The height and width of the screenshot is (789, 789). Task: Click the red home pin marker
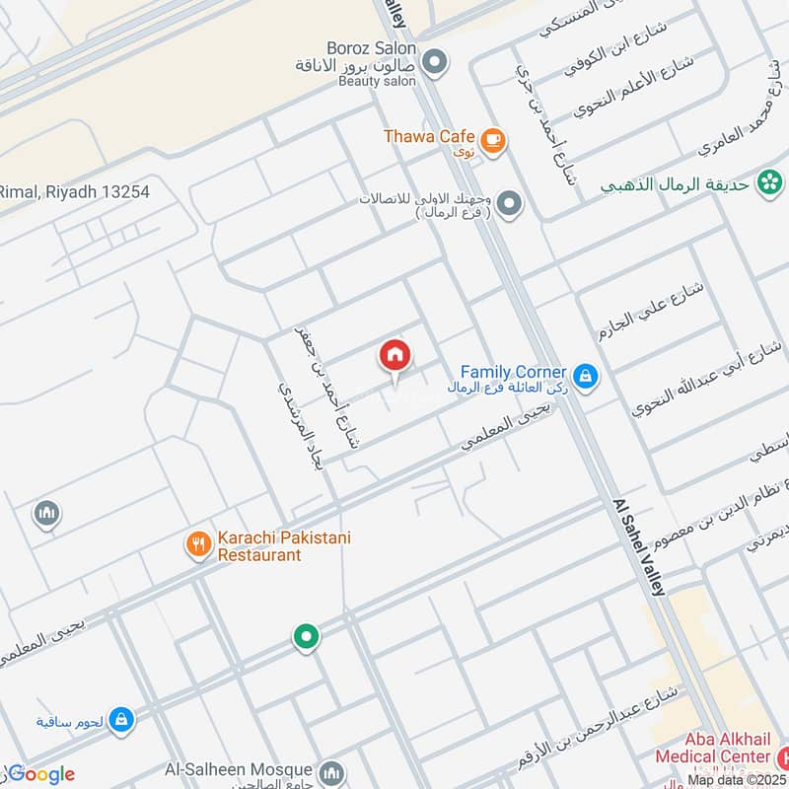(x=394, y=356)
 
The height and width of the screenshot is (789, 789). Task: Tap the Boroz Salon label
(x=371, y=47)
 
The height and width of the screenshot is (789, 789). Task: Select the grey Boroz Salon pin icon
(x=433, y=63)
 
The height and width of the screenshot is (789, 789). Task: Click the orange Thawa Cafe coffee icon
(x=494, y=140)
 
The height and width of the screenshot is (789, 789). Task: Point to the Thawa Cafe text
(x=430, y=137)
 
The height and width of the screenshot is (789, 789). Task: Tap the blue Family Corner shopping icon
(x=586, y=377)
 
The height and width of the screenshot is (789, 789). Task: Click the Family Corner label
(x=514, y=373)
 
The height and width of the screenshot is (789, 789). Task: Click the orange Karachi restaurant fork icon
(x=198, y=542)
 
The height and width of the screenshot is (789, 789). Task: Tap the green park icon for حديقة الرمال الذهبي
(x=769, y=182)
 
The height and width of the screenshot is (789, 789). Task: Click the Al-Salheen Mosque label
(x=252, y=768)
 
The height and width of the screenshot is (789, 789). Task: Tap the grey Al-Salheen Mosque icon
(x=331, y=770)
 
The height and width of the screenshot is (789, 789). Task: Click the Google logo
(x=39, y=774)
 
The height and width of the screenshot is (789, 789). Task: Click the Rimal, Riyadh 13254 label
(x=74, y=192)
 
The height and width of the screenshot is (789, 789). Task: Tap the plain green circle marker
(x=306, y=637)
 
